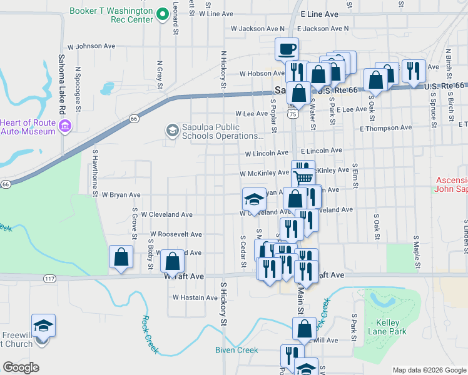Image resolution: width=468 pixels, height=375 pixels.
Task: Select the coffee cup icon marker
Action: tap(287, 48)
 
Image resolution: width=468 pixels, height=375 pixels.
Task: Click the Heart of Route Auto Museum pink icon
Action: tap(64, 127)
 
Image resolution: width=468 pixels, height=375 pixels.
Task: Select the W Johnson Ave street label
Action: tap(91, 46)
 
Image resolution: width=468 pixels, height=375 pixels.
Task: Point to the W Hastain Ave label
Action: tap(194, 297)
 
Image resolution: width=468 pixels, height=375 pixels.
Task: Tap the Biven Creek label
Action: tap(237, 350)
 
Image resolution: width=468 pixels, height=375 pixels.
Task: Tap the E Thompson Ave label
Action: tap(385, 127)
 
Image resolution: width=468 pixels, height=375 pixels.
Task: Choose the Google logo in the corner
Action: tap(20, 367)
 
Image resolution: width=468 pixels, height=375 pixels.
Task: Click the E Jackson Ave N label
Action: tap(323, 29)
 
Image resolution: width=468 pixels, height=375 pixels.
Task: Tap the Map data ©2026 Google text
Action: tap(429, 370)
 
